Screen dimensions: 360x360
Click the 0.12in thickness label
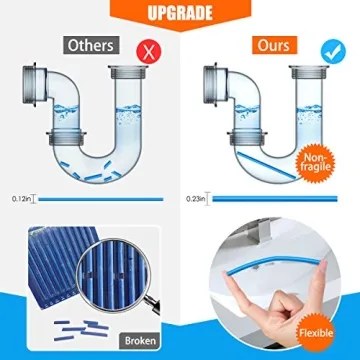tap(18, 199)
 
